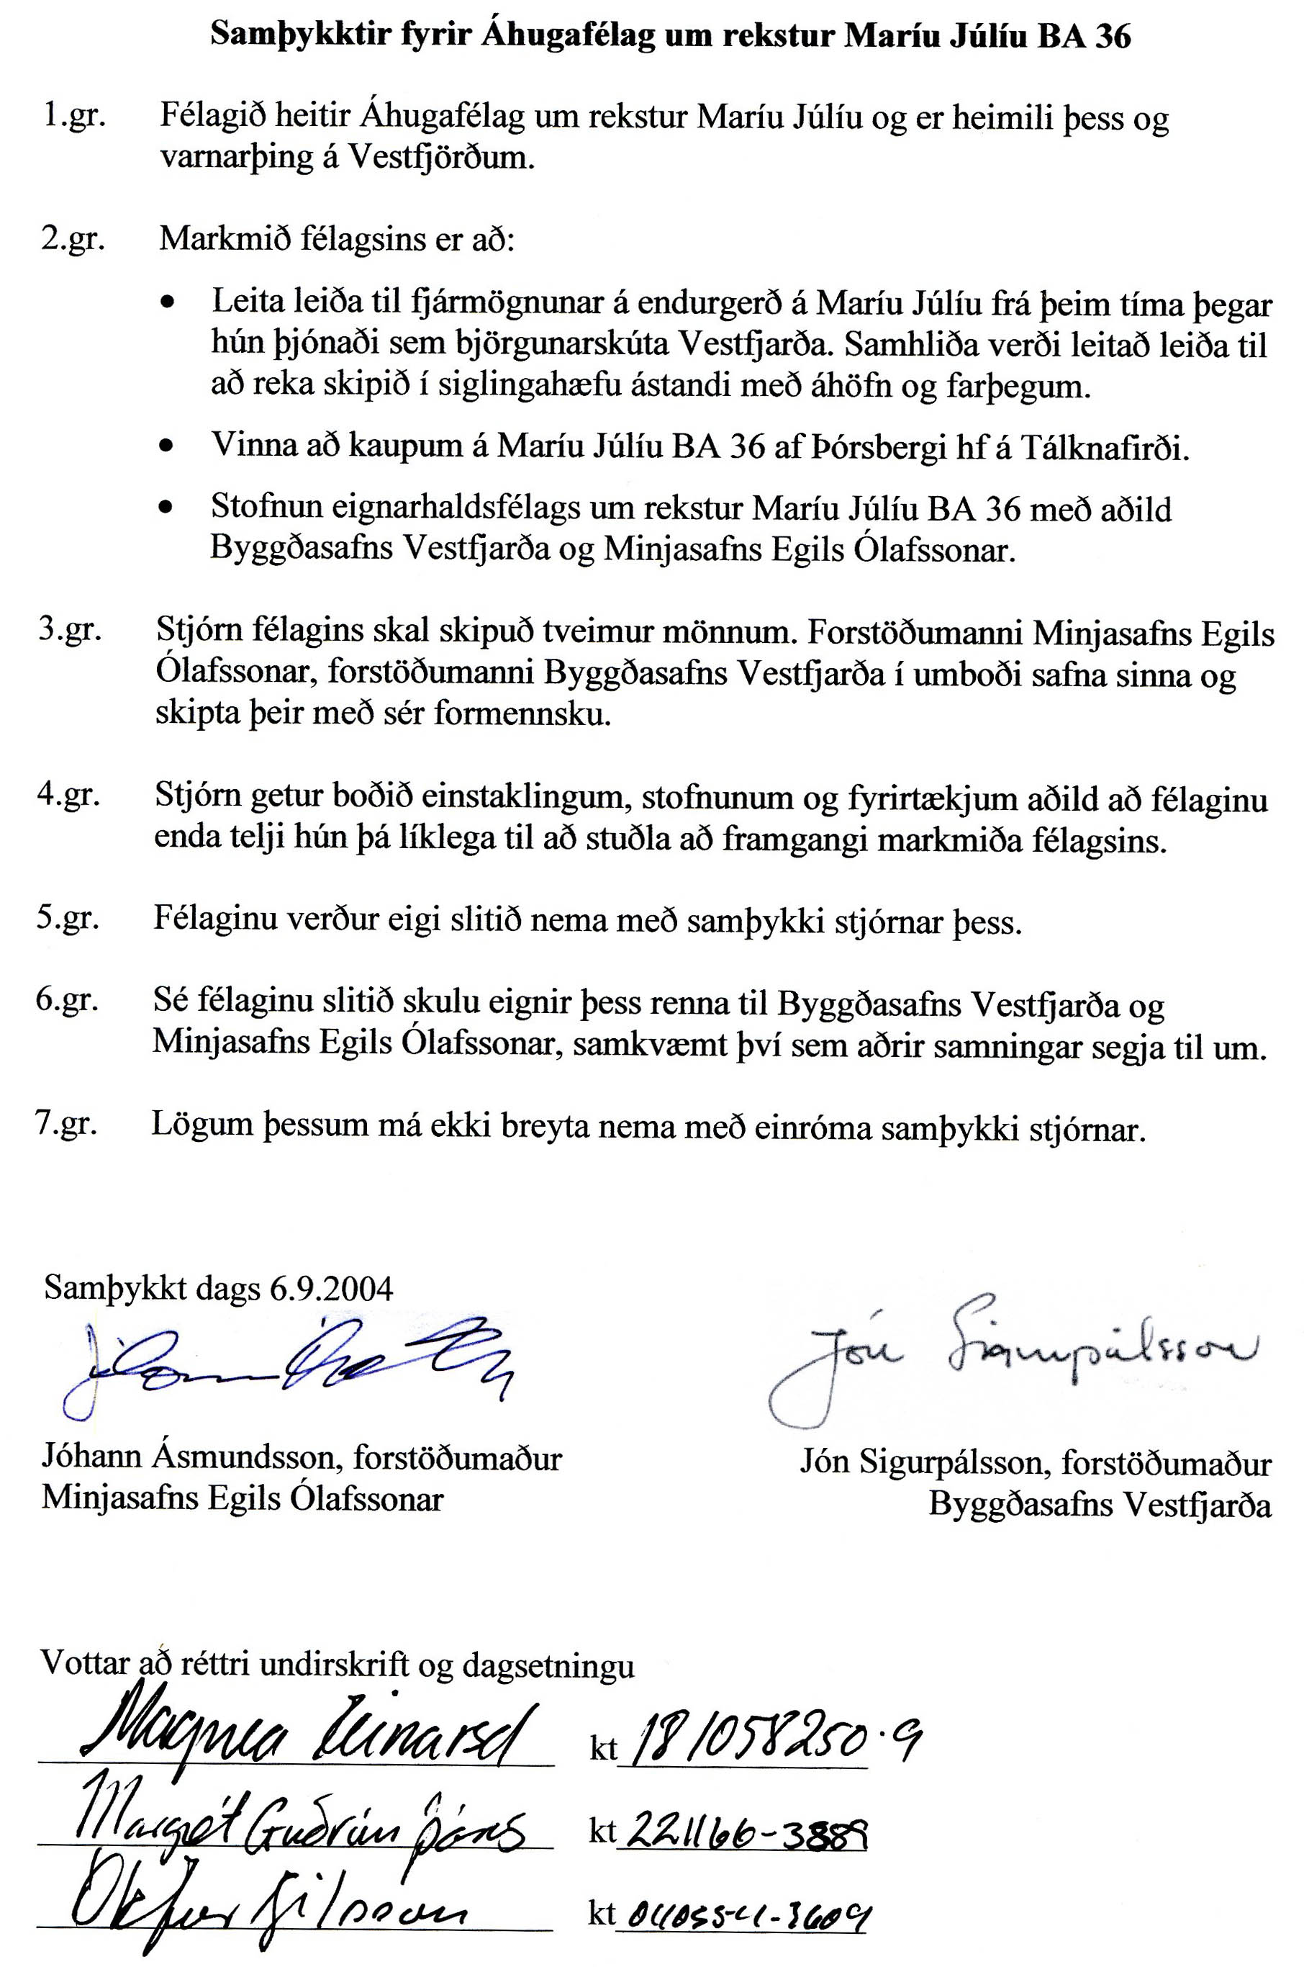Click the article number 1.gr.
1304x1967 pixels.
point(74,116)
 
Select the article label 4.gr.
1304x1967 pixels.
point(68,795)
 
